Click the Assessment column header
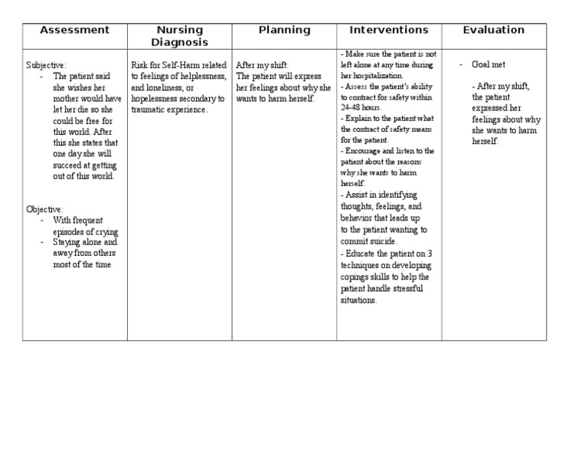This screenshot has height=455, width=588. point(74,31)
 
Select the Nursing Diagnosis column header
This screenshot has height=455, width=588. point(179,36)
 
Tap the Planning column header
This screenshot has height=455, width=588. point(284,31)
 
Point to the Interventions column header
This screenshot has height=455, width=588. point(389,31)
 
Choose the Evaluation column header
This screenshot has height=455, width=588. point(494,31)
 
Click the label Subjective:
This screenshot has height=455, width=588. point(46,66)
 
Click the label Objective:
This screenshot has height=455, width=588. point(44,209)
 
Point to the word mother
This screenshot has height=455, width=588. point(68,99)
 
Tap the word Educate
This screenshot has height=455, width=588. point(363,254)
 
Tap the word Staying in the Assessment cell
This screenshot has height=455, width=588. point(68,242)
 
